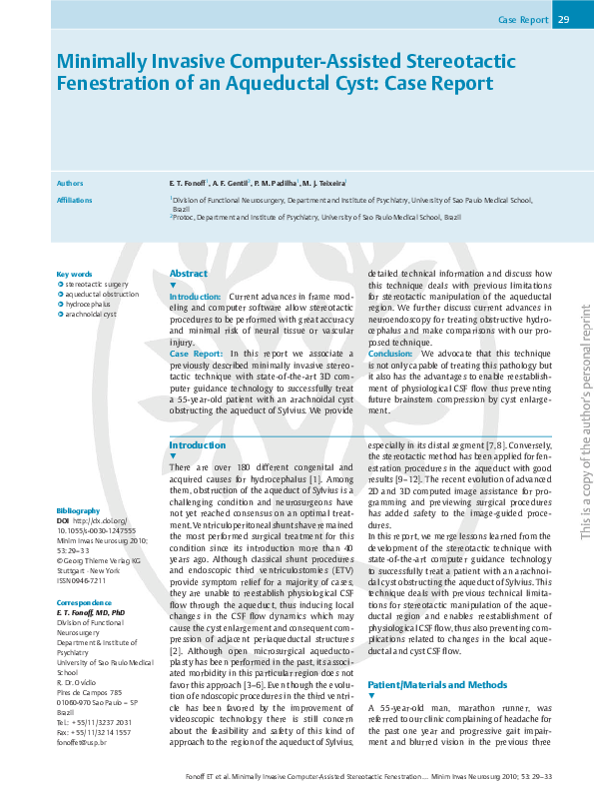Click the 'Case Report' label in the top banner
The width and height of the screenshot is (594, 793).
pyautogui.click(x=521, y=20)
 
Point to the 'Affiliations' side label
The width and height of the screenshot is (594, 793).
pyautogui.click(x=74, y=200)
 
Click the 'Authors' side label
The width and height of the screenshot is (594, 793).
pyautogui.click(x=70, y=184)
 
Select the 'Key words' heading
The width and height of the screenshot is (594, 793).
pyautogui.click(x=74, y=274)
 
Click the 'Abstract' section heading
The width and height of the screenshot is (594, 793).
pyautogui.click(x=189, y=273)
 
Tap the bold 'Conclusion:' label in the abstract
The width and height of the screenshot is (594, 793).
pyautogui.click(x=390, y=354)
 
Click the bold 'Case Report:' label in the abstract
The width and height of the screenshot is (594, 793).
pyautogui.click(x=196, y=354)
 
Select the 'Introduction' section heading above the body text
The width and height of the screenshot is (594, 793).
pyautogui.click(x=198, y=444)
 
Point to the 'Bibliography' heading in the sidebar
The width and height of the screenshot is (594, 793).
pyautogui.click(x=78, y=510)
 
